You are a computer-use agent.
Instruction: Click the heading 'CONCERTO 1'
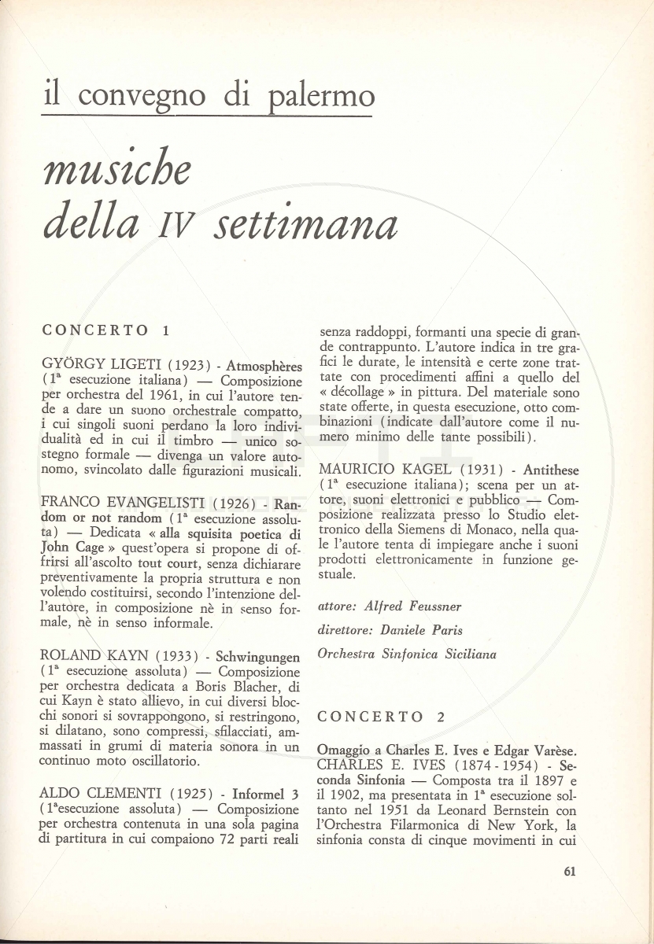point(105,330)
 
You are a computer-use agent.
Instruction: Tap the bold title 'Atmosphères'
point(264,366)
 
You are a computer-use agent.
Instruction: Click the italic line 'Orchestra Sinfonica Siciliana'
point(407,654)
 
